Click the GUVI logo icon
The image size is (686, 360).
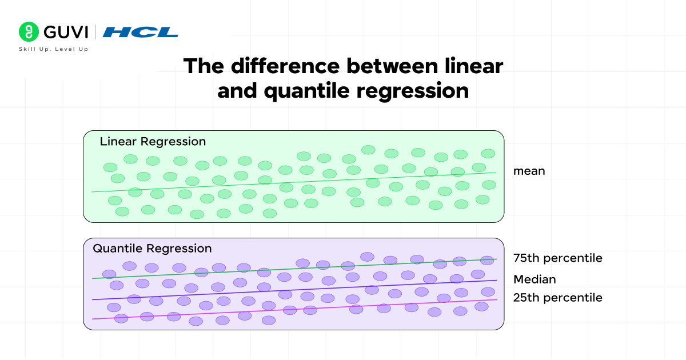coord(29,31)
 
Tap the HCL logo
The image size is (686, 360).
coord(140,32)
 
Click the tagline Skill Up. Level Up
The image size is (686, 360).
coord(54,49)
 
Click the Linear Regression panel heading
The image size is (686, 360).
coord(153,141)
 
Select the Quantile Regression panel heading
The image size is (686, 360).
coord(152,249)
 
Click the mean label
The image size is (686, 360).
coord(529,170)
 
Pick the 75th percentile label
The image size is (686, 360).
coord(557,258)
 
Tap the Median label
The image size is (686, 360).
coord(535,279)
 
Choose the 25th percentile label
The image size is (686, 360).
coord(557,298)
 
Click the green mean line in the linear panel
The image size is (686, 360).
coord(286,182)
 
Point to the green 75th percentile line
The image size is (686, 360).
coord(286,269)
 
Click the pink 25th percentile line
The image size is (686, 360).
coord(286,309)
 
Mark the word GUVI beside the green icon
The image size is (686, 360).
coord(63,31)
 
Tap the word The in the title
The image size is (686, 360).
coord(204,66)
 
